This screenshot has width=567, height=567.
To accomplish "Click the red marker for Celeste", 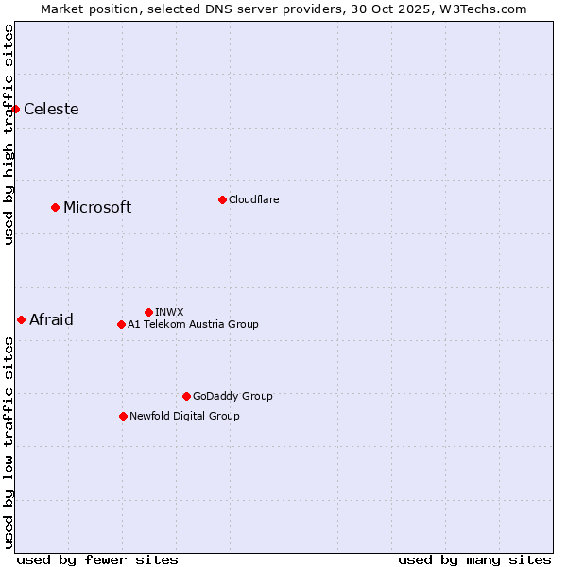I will pyautogui.click(x=16, y=109).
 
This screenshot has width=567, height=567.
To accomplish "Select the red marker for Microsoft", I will pyautogui.click(x=55, y=207).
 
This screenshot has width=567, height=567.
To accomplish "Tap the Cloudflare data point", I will pyautogui.click(x=222, y=199).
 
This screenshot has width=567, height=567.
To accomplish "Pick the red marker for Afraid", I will pyautogui.click(x=21, y=319).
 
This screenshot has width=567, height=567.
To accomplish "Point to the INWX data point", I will pyautogui.click(x=148, y=312).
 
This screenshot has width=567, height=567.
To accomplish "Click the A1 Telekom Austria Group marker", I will pyautogui.click(x=121, y=324).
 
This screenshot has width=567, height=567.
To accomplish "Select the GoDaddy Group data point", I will pyautogui.click(x=186, y=396).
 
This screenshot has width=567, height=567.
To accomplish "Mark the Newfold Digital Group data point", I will pyautogui.click(x=123, y=416).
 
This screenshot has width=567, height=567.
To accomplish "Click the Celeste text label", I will pyautogui.click(x=51, y=109).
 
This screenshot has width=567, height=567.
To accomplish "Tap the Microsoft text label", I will pyautogui.click(x=97, y=207).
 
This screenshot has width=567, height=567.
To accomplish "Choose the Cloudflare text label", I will pyautogui.click(x=254, y=199).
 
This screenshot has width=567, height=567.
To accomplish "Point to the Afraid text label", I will pyautogui.click(x=51, y=319).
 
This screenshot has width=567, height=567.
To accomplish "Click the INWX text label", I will pyautogui.click(x=169, y=312).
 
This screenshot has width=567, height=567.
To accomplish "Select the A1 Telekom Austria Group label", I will pyautogui.click(x=193, y=324).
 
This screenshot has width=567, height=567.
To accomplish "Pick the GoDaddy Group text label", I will pyautogui.click(x=232, y=396).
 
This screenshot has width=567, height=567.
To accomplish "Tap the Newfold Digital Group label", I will pyautogui.click(x=184, y=416).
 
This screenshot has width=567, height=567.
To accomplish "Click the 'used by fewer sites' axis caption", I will pyautogui.click(x=97, y=559).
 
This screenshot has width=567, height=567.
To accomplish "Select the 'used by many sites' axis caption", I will pyautogui.click(x=474, y=559).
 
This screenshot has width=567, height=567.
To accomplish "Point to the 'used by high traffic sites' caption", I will pyautogui.click(x=9, y=134).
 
